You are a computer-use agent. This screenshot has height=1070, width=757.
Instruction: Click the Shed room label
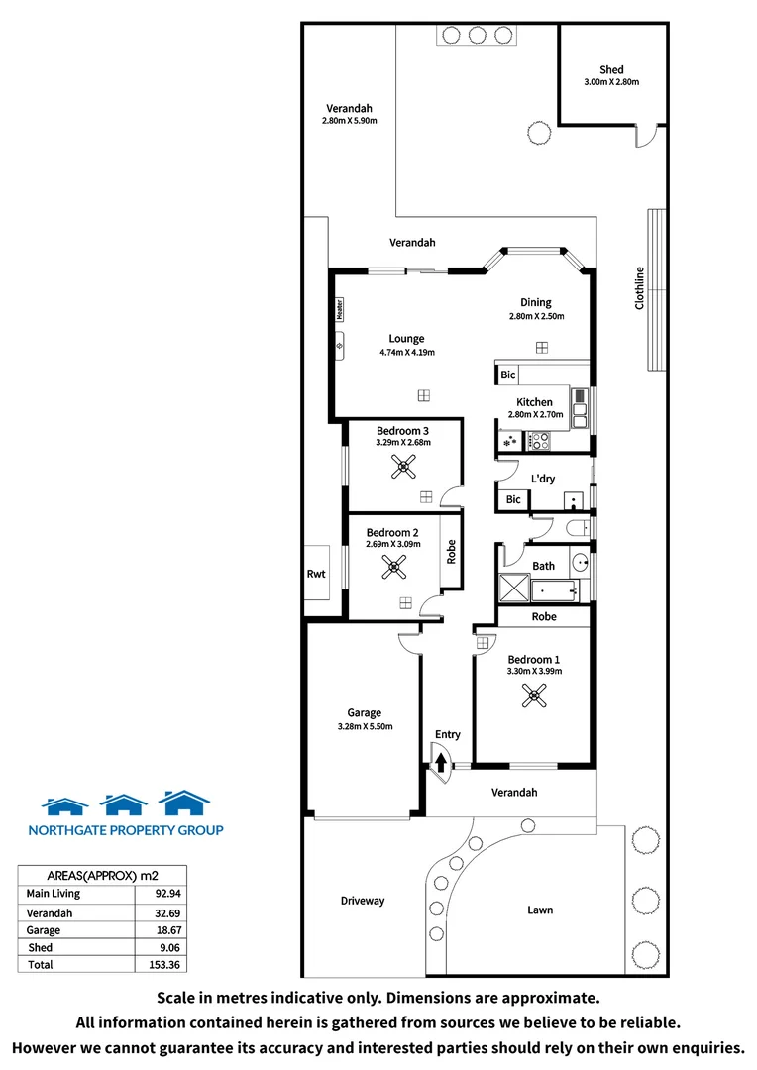coord(611,69)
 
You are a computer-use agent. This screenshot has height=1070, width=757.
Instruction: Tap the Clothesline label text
coord(640,288)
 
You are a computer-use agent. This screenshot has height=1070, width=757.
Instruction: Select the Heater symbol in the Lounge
coord(339,310)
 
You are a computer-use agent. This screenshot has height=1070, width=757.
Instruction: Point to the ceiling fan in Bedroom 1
coord(534,697)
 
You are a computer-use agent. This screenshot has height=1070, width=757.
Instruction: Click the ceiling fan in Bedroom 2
coord(392,567)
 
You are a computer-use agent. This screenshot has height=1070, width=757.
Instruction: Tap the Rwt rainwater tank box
coord(316,573)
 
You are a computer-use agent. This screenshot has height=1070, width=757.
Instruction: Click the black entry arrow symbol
coord(441,760)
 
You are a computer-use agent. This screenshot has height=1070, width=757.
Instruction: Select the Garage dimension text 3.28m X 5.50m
coord(364,726)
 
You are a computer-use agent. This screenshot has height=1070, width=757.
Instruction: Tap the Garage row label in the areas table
coord(44,930)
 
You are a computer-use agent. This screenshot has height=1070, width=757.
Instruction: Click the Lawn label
coord(540,909)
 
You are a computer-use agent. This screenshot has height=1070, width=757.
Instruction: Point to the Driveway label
coord(363,901)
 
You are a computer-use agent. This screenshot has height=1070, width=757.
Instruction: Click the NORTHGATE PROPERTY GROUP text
coord(125,830)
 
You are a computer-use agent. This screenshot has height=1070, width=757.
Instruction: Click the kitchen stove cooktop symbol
coord(538,442)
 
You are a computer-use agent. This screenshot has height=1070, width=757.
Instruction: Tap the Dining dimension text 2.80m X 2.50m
coord(536,317)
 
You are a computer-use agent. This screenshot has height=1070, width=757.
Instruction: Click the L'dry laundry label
coord(543,479)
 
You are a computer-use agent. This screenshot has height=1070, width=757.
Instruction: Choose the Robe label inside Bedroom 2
coord(451,552)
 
